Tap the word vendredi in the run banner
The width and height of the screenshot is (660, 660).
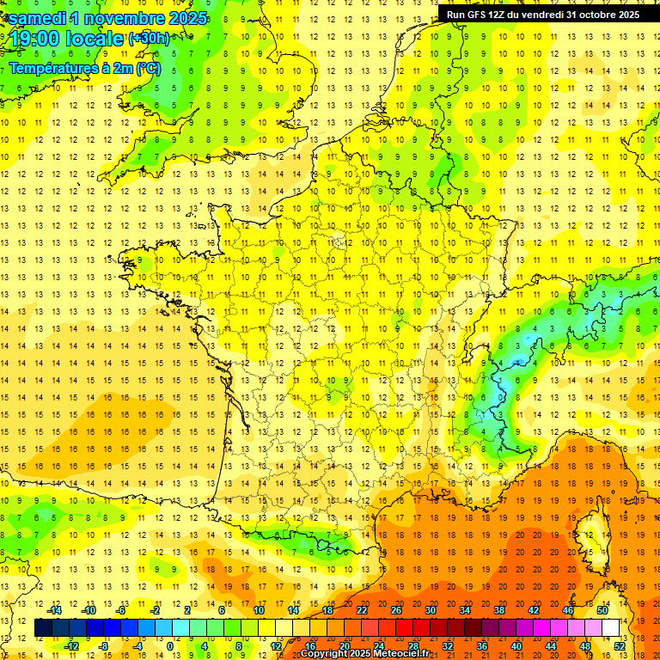[540, 15]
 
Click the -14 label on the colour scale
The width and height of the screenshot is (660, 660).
[54, 610]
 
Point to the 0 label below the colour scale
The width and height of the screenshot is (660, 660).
[170, 646]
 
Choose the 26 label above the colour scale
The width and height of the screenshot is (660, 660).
[395, 610]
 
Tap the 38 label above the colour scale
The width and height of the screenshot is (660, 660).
[498, 610]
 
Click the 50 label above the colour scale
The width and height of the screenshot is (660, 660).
[602, 610]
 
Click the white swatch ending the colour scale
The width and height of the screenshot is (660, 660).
[611, 628]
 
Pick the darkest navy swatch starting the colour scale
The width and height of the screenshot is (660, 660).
[43, 628]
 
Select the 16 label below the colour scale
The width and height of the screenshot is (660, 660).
[310, 646]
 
